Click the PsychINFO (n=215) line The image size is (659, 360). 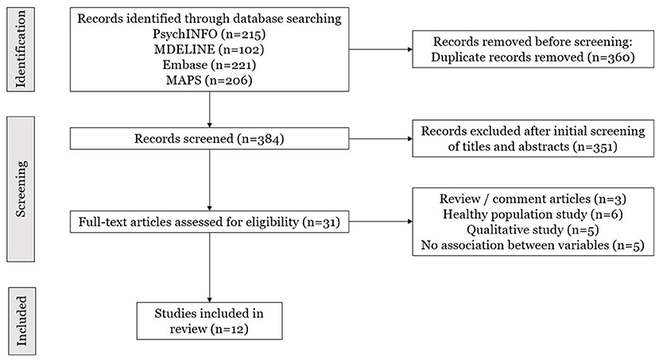click(x=209, y=34)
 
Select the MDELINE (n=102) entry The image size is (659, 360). click(x=209, y=49)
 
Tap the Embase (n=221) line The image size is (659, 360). click(x=209, y=64)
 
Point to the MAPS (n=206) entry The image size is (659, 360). click(x=209, y=79)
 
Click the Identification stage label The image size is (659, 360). click(x=21, y=49)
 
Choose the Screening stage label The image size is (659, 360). click(x=21, y=189)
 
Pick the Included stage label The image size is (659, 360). click(x=21, y=321)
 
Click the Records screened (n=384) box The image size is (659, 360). click(x=209, y=138)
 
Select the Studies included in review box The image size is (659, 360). click(x=209, y=321)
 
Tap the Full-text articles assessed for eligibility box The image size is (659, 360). click(x=209, y=222)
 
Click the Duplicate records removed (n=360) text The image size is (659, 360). click(x=533, y=57)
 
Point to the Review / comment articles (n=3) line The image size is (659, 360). click(x=533, y=199)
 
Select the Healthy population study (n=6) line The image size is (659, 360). click(x=533, y=215)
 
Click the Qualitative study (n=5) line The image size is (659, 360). click(x=533, y=230)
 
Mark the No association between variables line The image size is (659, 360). click(x=533, y=245)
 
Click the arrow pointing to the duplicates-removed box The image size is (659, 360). click(x=381, y=49)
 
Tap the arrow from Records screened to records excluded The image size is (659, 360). click(x=381, y=138)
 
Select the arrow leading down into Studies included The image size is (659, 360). click(x=209, y=268)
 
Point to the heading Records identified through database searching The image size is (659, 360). click(x=209, y=19)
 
